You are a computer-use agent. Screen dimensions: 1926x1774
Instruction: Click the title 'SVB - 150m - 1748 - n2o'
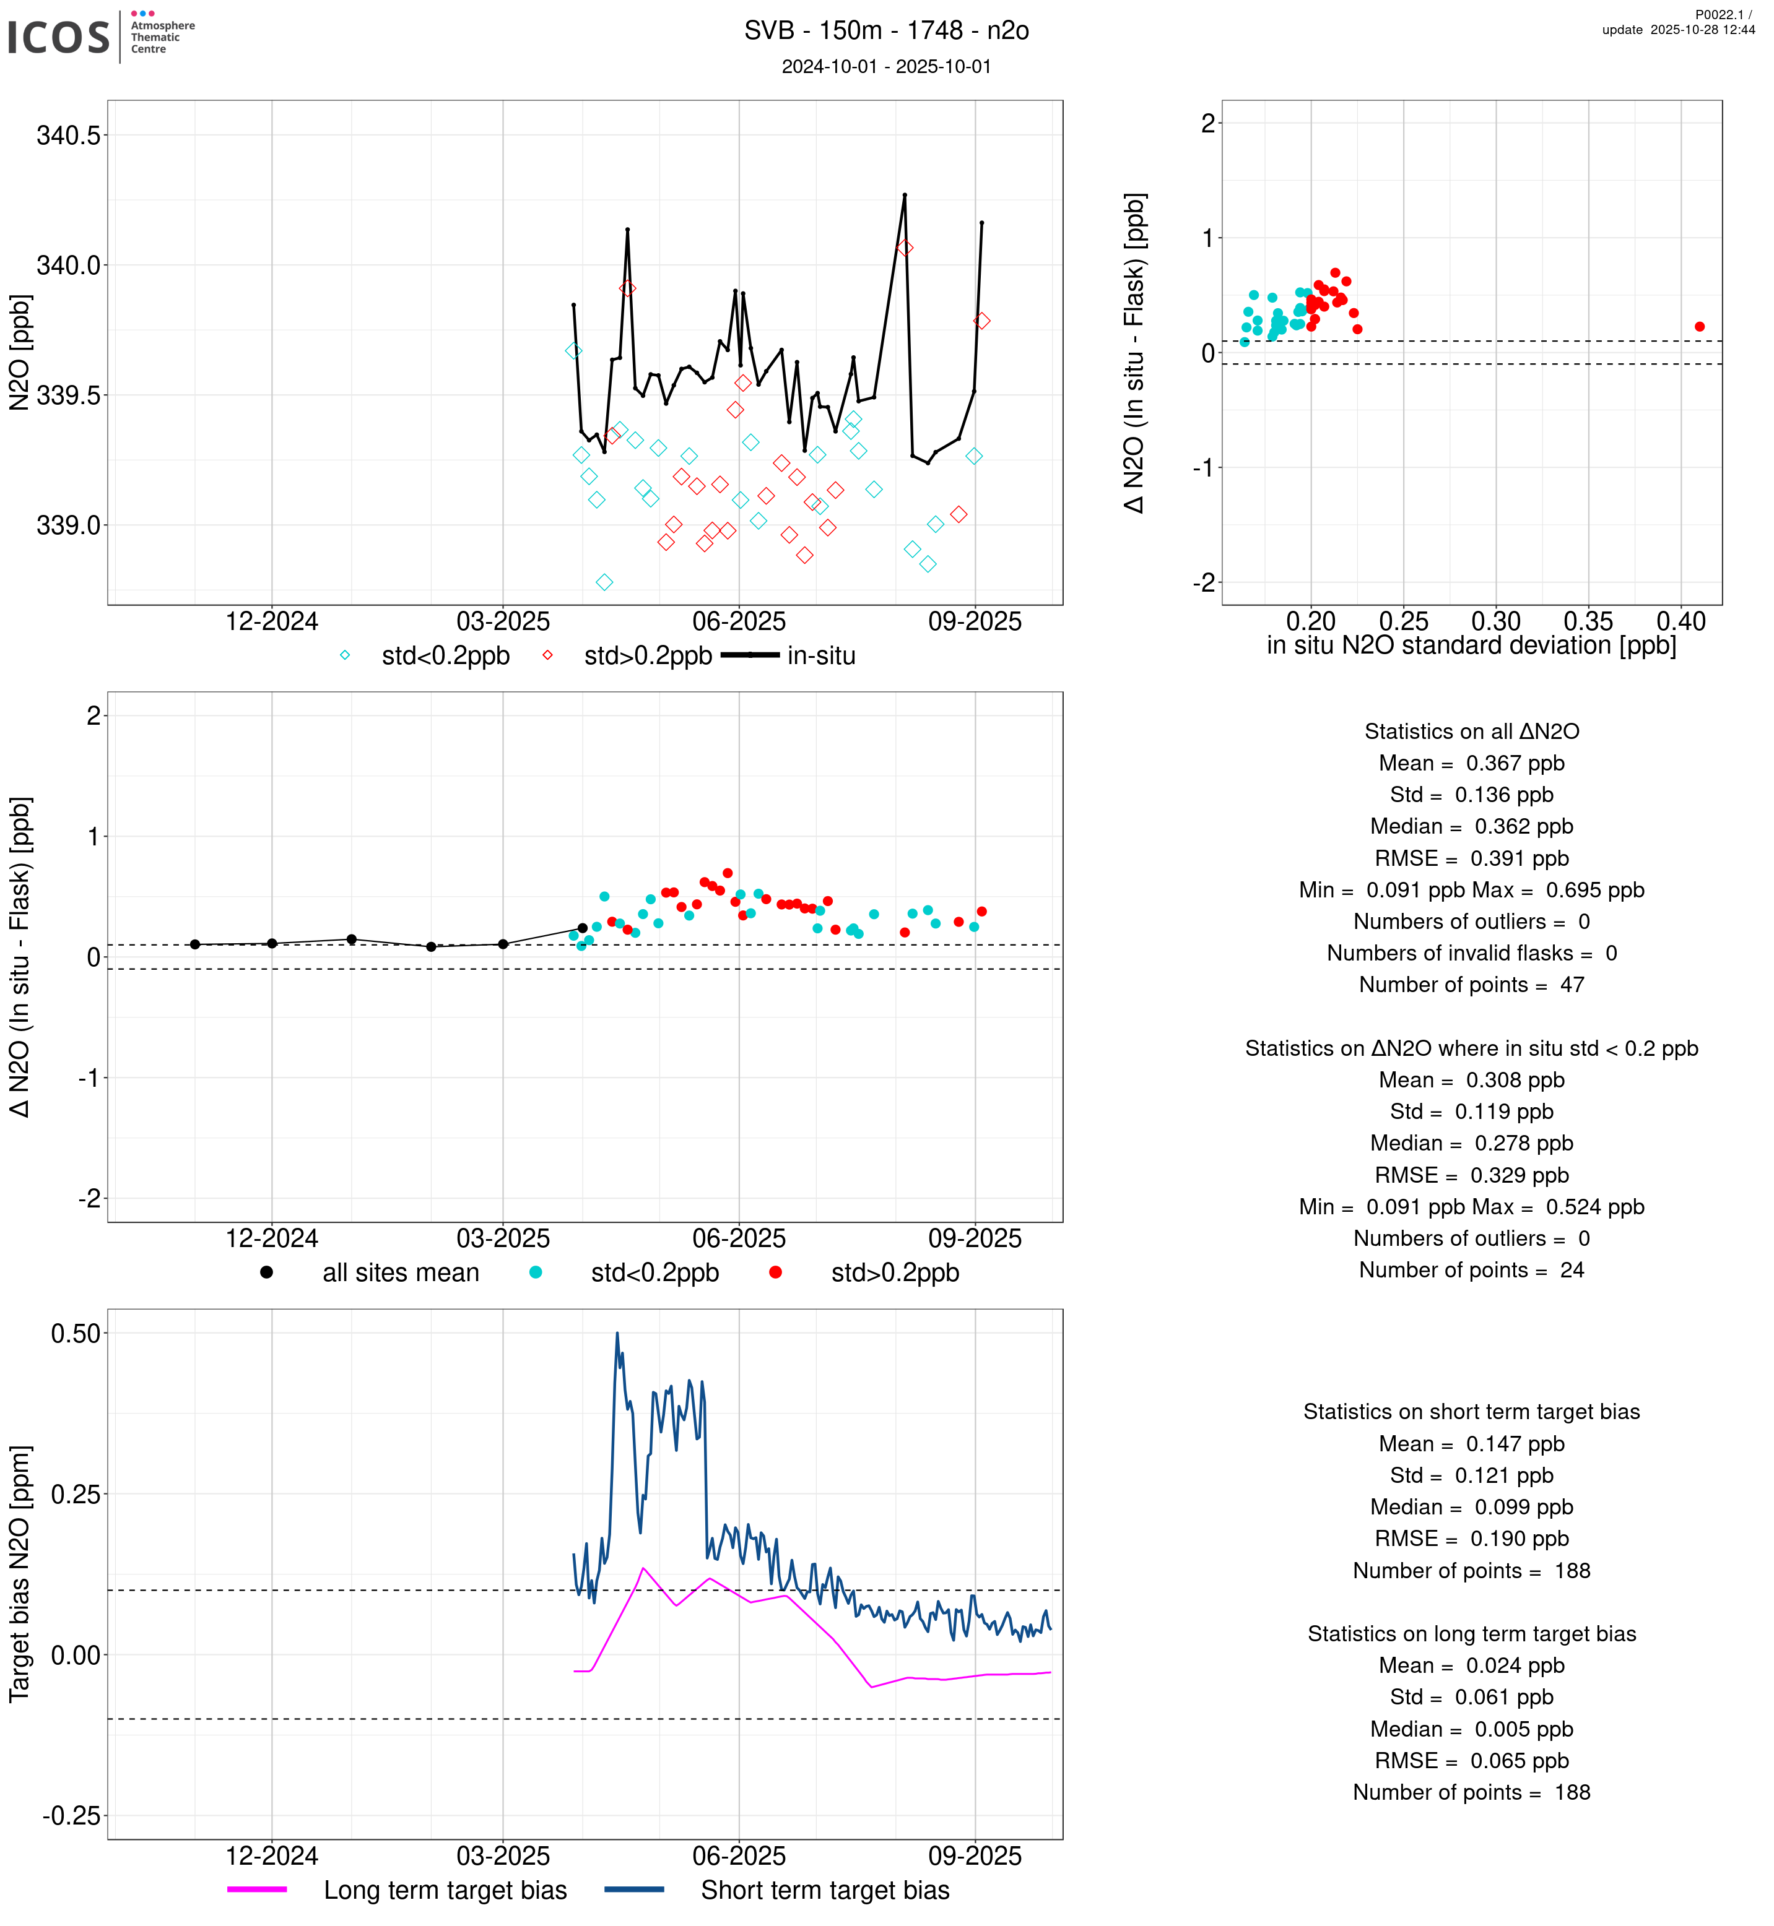[x=886, y=31]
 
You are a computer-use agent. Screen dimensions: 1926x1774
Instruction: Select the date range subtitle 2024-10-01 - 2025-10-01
[x=886, y=66]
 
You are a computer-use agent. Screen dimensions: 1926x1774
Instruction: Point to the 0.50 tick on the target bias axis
[x=75, y=1333]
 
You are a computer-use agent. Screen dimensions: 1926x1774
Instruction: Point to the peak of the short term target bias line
[x=617, y=1333]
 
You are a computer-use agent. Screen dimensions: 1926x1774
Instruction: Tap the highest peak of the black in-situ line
[x=904, y=195]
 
